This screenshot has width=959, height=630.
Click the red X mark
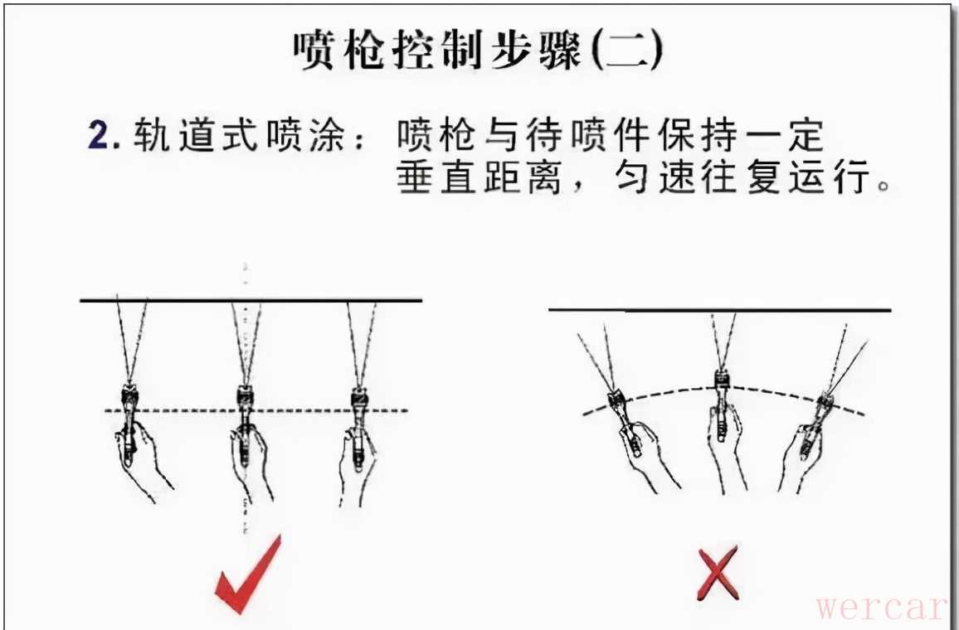(x=718, y=573)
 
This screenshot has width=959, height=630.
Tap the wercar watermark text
(x=881, y=607)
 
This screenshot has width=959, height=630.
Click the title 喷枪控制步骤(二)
(x=478, y=50)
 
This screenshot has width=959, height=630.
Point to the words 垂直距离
(x=479, y=177)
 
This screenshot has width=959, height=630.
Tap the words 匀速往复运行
(x=742, y=177)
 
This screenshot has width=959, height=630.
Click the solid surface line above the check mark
(x=251, y=300)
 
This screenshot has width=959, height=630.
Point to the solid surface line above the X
(x=720, y=310)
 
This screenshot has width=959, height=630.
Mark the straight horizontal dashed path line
(x=257, y=410)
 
